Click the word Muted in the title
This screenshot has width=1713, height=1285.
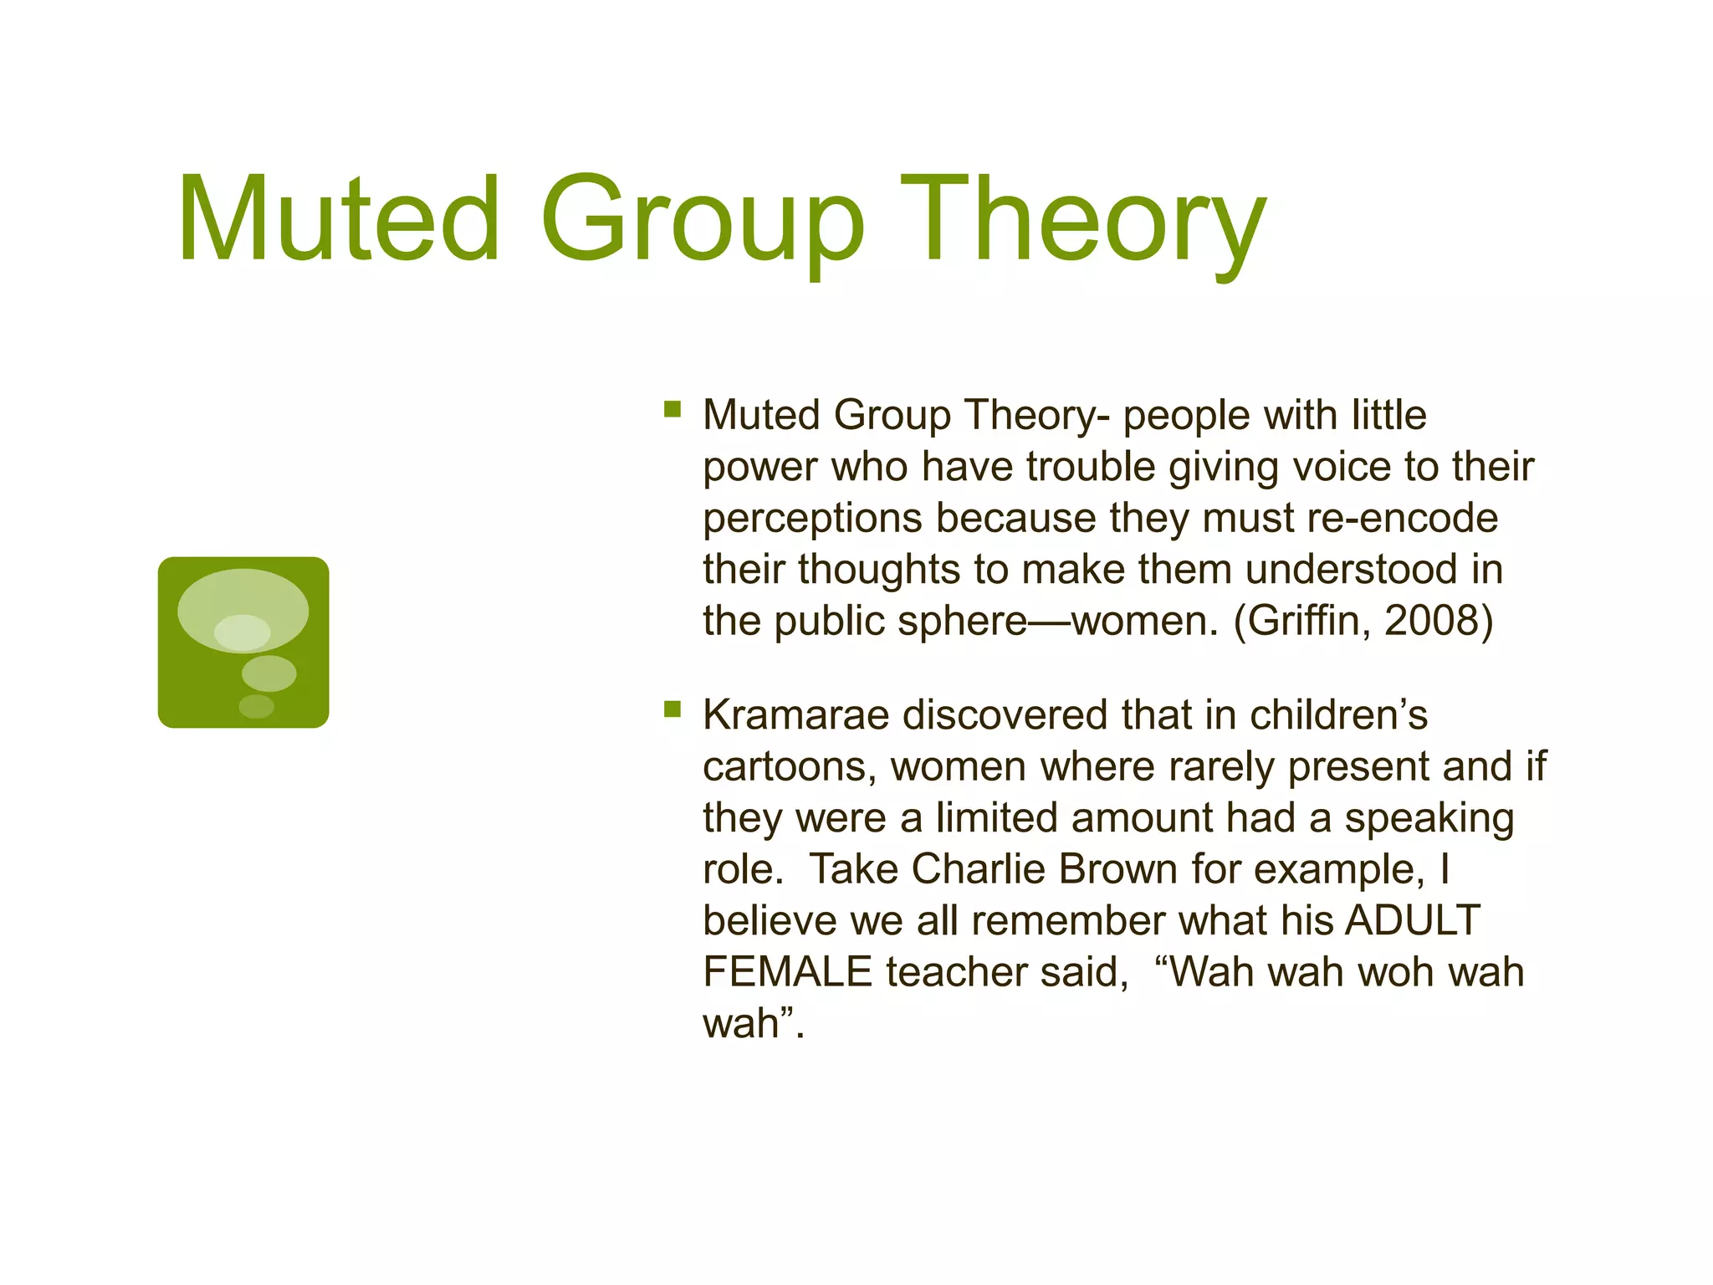pyautogui.click(x=339, y=219)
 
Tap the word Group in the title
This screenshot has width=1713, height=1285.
pyautogui.click(x=703, y=219)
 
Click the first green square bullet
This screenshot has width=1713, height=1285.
pyautogui.click(x=672, y=409)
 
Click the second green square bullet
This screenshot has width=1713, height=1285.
pyautogui.click(x=672, y=709)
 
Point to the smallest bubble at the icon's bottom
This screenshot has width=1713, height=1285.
pyautogui.click(x=256, y=707)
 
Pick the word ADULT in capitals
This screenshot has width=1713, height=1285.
pyautogui.click(x=1413, y=920)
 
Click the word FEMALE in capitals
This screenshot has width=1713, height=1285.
pyautogui.click(x=787, y=972)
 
